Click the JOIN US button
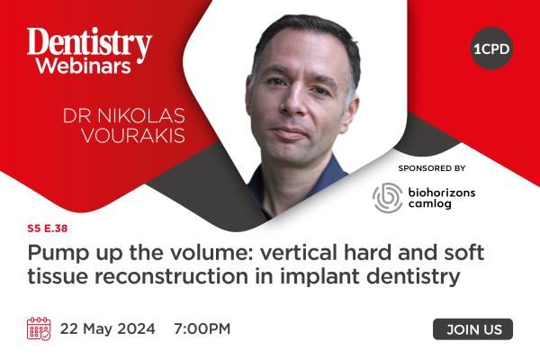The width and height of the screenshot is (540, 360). (472, 329)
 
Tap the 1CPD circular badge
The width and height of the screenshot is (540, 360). (491, 49)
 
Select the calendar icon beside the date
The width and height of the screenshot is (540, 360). (39, 329)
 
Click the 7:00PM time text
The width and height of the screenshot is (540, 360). (202, 328)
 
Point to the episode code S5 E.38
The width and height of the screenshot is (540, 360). (48, 229)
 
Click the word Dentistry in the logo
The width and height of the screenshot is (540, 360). (89, 43)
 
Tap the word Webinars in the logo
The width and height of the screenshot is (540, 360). (84, 66)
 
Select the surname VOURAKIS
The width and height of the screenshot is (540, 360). (133, 135)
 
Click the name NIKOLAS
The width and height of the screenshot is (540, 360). (141, 116)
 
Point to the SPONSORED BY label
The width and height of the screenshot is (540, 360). (432, 168)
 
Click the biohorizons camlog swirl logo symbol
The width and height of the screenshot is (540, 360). (388, 198)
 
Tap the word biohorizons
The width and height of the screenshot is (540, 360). (442, 193)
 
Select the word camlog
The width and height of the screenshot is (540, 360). (430, 203)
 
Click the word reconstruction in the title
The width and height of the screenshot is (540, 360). (171, 276)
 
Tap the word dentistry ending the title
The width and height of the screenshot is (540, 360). (413, 277)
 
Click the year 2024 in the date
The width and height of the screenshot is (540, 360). (137, 328)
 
